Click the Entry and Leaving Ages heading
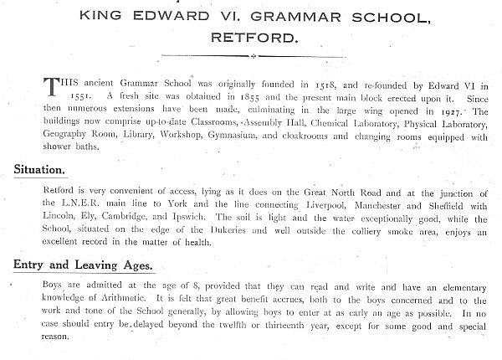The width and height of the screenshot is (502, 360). point(82,266)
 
